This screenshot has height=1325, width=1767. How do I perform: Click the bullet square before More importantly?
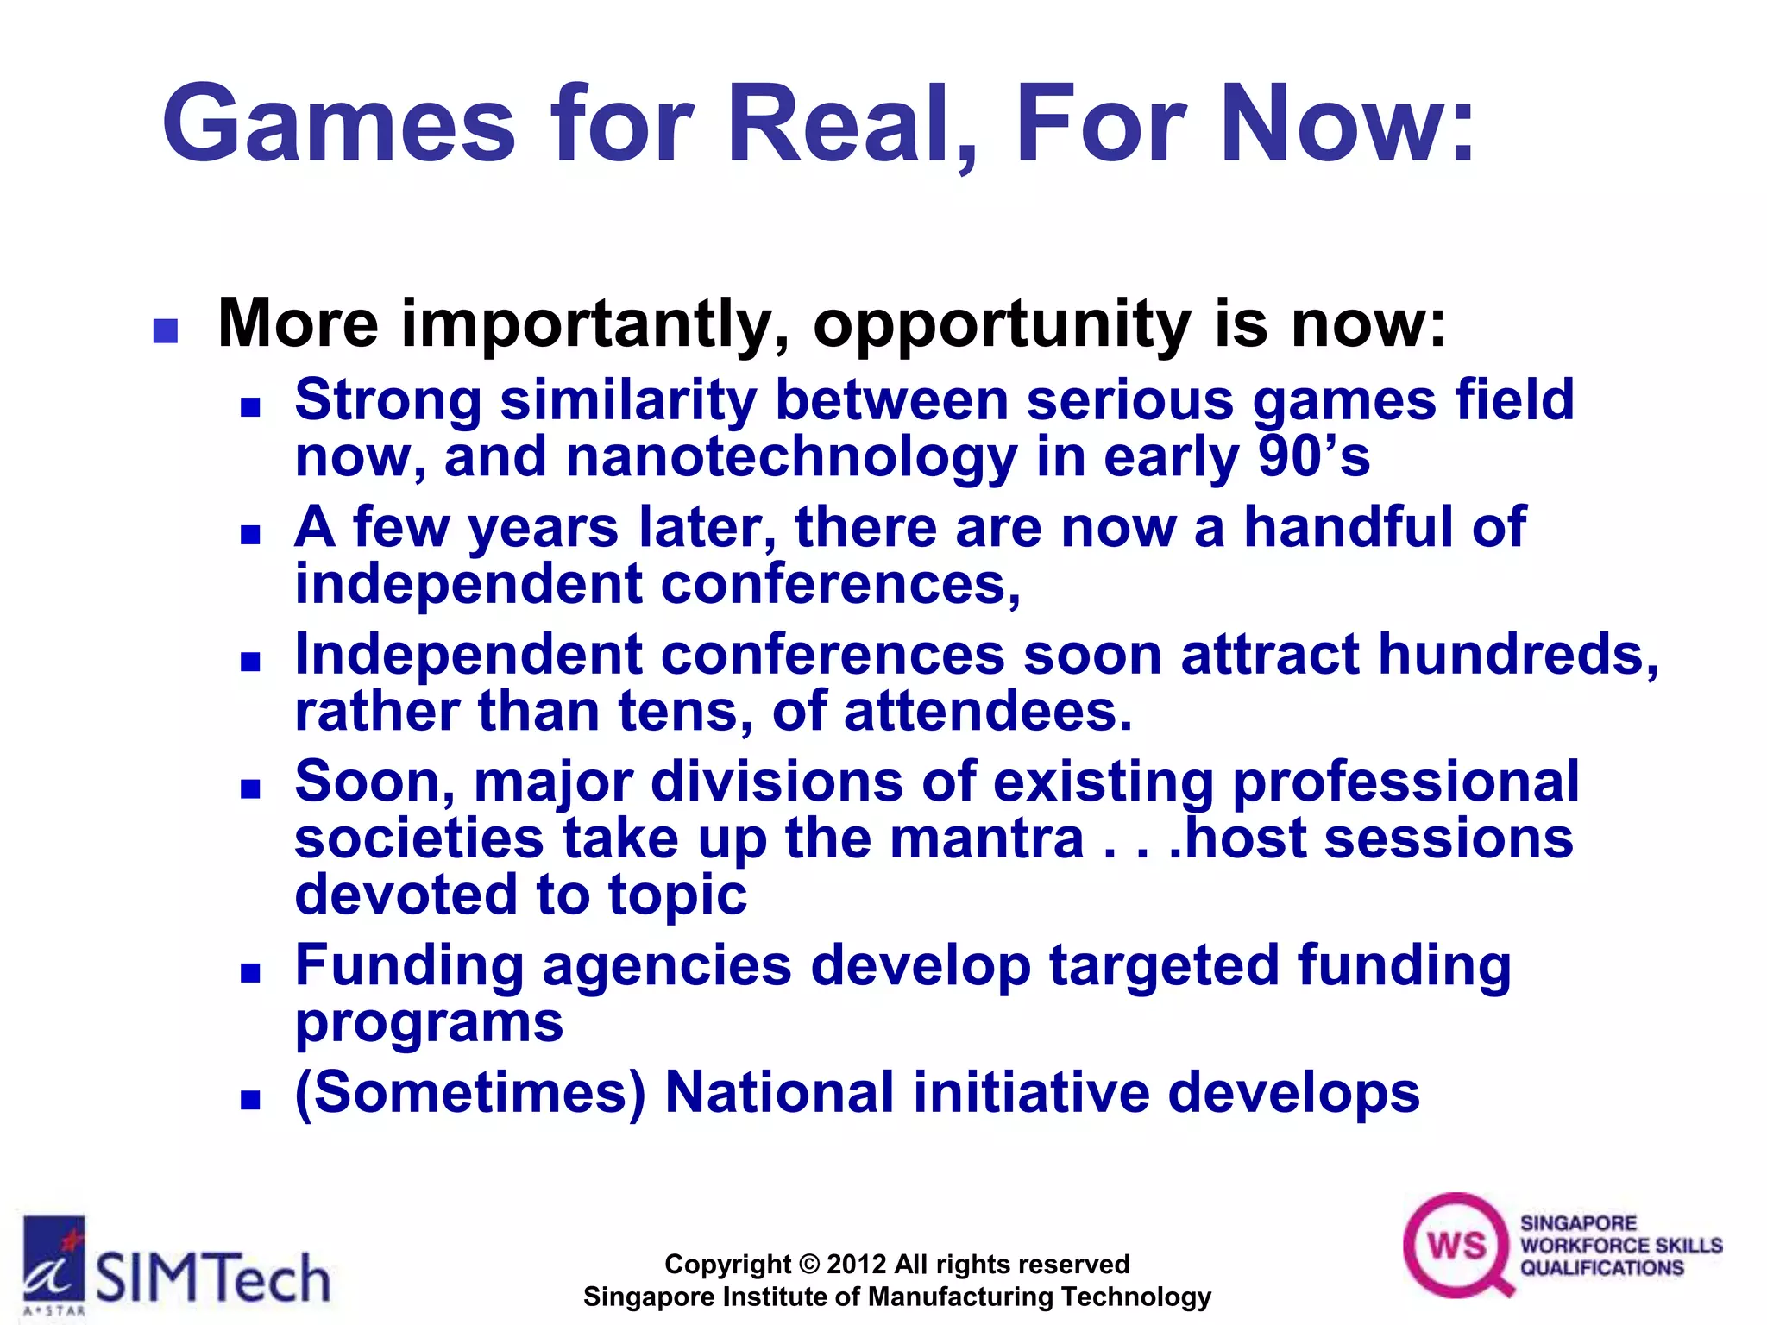click(165, 331)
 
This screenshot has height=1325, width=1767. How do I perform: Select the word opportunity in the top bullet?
click(1001, 325)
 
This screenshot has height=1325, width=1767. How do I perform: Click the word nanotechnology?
click(791, 456)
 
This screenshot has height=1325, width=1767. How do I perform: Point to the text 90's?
click(1313, 456)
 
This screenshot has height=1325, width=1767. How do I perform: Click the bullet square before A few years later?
click(250, 535)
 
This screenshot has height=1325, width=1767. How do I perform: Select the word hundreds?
click(1517, 655)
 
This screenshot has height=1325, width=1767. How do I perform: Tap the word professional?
click(1405, 782)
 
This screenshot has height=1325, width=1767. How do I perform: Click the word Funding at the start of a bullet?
click(409, 965)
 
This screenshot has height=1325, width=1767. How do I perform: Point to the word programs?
click(429, 1023)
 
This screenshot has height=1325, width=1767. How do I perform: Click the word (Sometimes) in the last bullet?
click(469, 1093)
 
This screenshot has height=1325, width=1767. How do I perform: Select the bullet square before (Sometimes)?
click(250, 1100)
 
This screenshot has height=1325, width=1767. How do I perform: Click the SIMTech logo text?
click(212, 1278)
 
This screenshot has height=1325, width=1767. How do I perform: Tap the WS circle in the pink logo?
click(1456, 1245)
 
